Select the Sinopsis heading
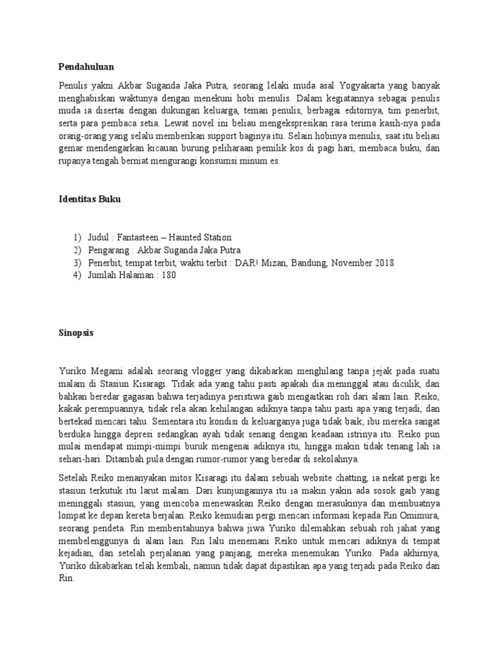pos(76,332)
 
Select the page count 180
pos(166,275)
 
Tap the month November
pos(350,262)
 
